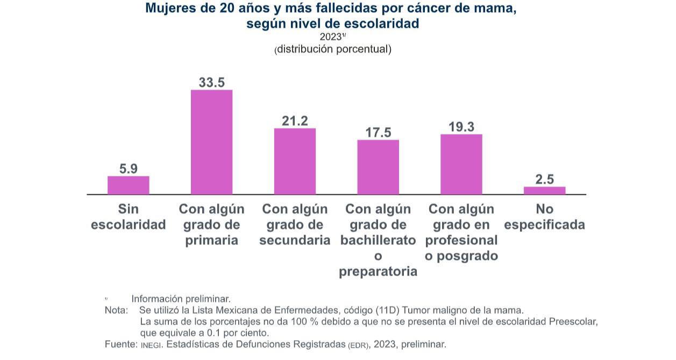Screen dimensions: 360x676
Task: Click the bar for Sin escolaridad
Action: pos(129,185)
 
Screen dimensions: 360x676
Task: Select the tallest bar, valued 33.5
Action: pos(212,142)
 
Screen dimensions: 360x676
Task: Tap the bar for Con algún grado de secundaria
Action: pos(295,161)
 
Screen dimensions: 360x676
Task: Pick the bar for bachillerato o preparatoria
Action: pos(378,167)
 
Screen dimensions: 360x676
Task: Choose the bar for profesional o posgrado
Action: pos(461,164)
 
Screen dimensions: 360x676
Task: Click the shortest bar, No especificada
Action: pos(545,190)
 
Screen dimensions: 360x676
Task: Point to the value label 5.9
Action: pos(129,169)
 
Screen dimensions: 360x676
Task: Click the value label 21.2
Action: pos(295,121)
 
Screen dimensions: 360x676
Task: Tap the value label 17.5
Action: pos(378,132)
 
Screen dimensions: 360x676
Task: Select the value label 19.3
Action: pos(461,127)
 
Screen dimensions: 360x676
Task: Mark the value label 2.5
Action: pos(545,179)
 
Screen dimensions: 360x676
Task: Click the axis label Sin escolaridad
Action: pos(129,217)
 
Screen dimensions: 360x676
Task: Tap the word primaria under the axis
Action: pos(212,240)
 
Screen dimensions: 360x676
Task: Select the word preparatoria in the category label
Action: pos(378,271)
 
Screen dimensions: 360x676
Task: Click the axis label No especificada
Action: pos(545,217)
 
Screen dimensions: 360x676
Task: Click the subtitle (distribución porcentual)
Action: pos(333,49)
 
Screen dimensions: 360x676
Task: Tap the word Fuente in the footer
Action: pos(120,344)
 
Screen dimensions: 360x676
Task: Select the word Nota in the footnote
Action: pos(116,310)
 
